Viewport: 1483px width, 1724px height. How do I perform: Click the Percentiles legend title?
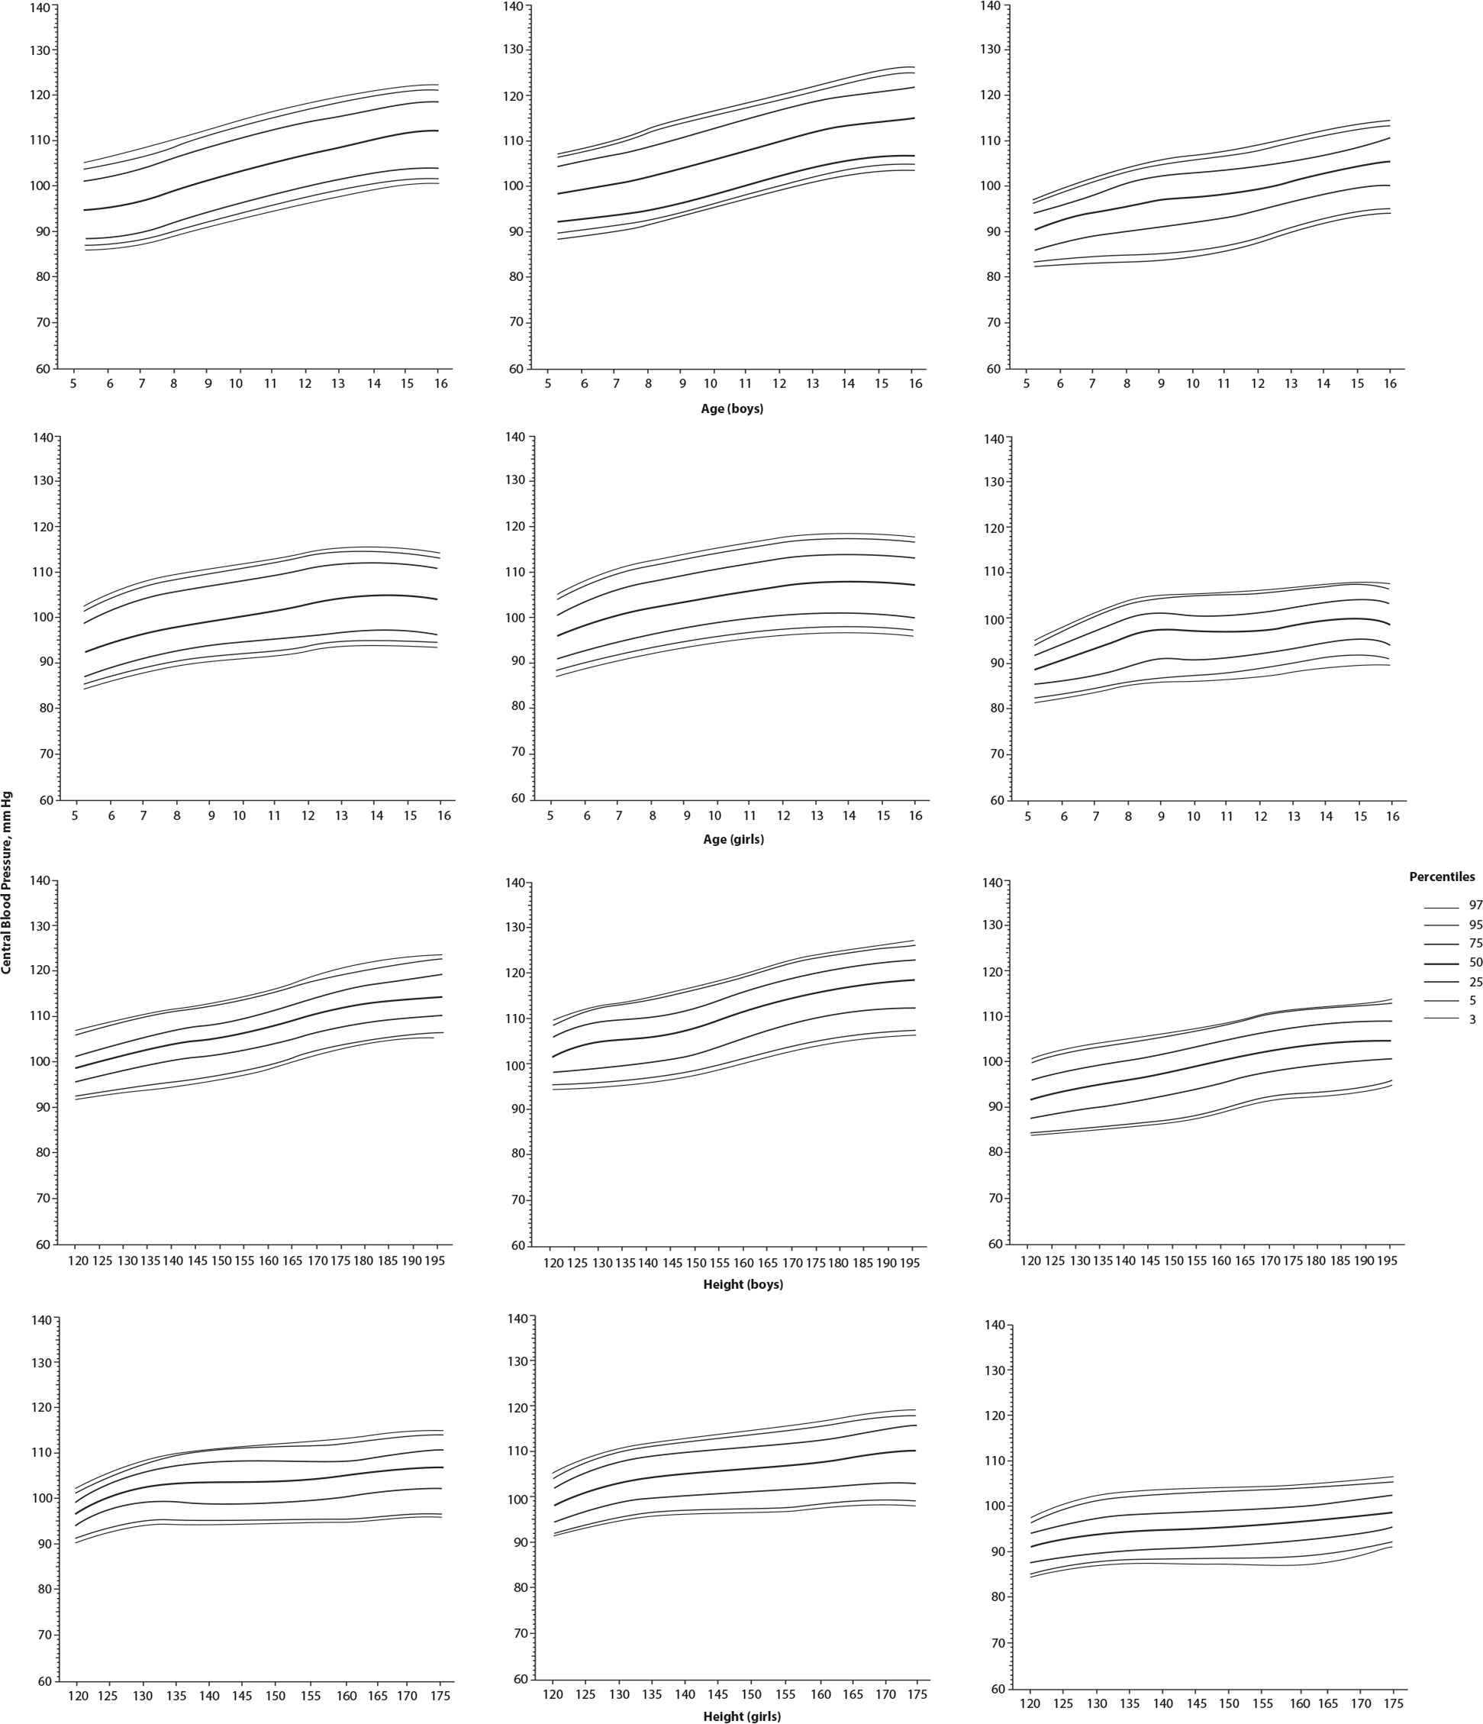coord(1442,877)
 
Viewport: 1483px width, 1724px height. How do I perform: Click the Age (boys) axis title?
coord(732,409)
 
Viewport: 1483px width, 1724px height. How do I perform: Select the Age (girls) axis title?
coord(733,840)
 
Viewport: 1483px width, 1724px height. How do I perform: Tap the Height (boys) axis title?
coord(743,1284)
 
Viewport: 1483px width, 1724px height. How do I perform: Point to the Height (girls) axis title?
coord(742,1716)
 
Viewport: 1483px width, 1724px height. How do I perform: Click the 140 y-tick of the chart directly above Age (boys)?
coord(513,7)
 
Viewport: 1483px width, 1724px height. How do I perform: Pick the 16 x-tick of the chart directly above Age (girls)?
coord(915,816)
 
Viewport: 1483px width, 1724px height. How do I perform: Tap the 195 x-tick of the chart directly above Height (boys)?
coord(912,1262)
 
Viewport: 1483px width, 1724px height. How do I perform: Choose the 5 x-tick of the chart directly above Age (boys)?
coord(547,383)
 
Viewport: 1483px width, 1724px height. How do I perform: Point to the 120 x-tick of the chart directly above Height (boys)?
coord(553,1262)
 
